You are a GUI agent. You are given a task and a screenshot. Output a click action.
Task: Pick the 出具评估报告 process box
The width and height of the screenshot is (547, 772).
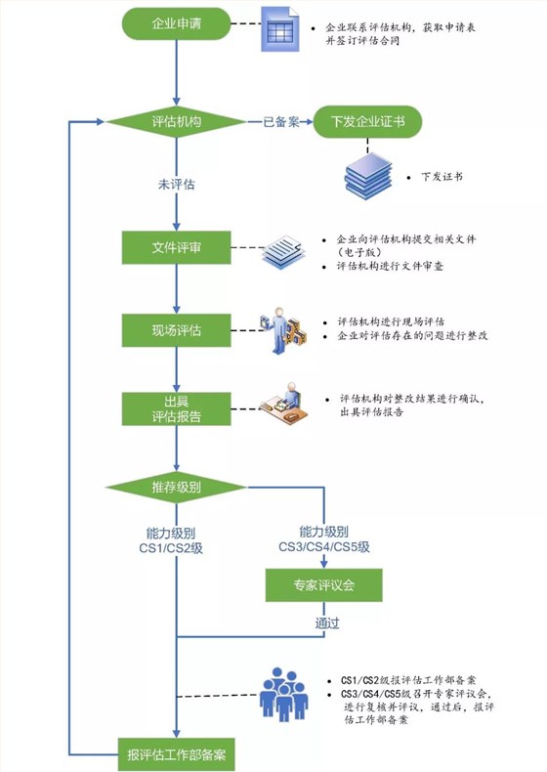pyautogui.click(x=176, y=407)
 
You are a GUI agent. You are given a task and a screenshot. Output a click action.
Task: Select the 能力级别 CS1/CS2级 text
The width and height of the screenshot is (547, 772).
pyautogui.click(x=176, y=540)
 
